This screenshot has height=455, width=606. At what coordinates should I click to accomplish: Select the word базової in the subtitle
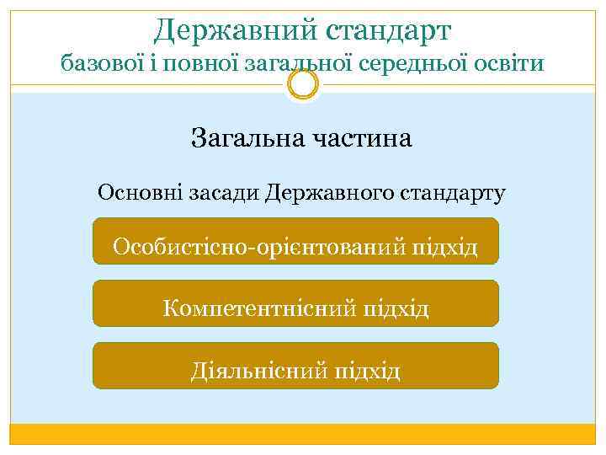tap(99, 62)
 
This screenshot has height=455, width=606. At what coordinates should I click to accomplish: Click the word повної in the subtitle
tap(190, 64)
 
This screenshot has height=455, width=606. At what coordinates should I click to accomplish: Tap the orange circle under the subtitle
tap(302, 83)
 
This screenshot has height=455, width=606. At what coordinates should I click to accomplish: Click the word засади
tap(221, 193)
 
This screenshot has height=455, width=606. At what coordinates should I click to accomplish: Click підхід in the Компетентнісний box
tap(396, 308)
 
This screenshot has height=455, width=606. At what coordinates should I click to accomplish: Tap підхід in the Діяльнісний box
tap(366, 371)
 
